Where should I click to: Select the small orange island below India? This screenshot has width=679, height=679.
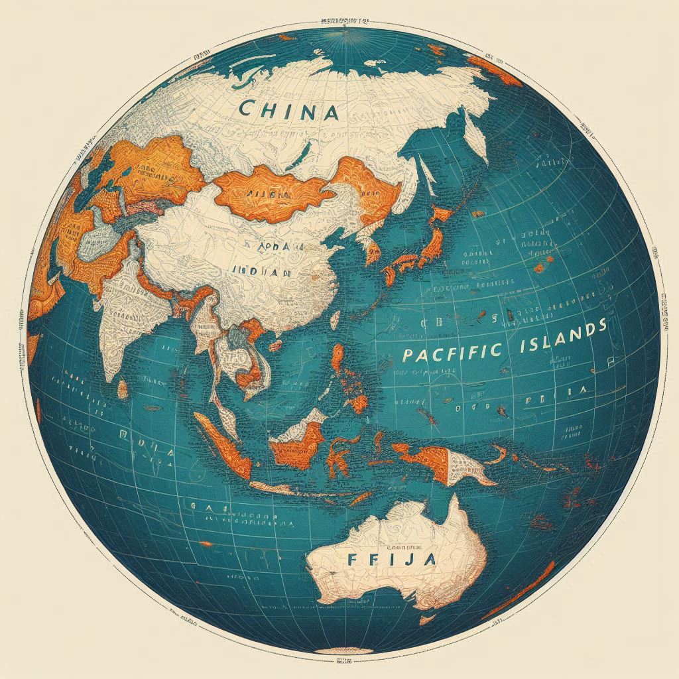pos(123,389)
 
